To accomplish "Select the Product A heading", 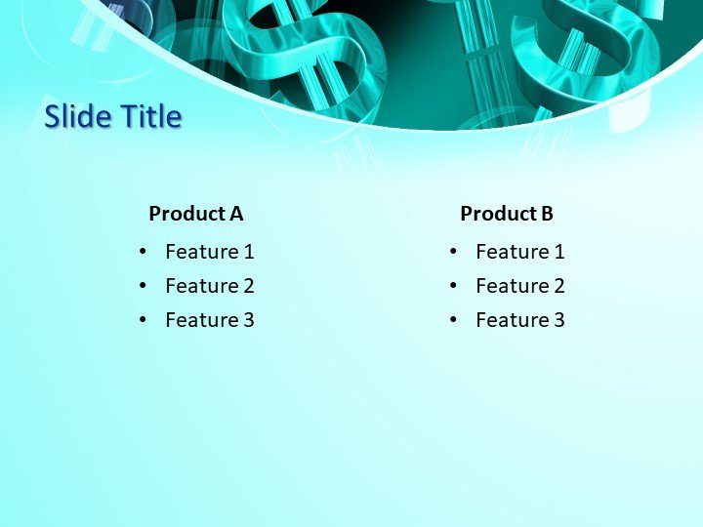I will (x=195, y=214).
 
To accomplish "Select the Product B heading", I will (x=507, y=214).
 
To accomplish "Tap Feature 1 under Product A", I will (x=210, y=252).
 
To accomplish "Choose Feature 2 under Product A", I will (x=210, y=286).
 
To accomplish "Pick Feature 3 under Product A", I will (x=210, y=320).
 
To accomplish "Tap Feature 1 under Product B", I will (x=520, y=252).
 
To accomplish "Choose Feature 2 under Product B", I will (x=520, y=286).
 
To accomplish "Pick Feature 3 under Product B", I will (x=520, y=320).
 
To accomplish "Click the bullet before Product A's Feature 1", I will (x=144, y=252).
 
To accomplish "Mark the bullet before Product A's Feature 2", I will (x=144, y=286).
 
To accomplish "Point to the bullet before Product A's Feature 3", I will (x=144, y=320).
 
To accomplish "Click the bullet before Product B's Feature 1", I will (x=454, y=252).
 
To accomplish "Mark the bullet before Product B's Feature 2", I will (x=454, y=286).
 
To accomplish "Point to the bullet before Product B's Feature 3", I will (x=454, y=320).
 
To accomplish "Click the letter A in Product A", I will (x=235, y=214).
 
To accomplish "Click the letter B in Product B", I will (x=547, y=214).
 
